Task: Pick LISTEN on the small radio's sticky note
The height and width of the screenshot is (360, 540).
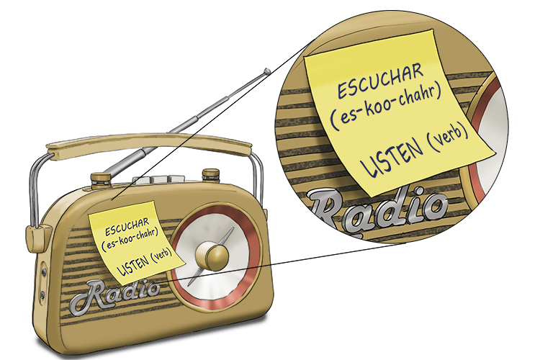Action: [x=130, y=264]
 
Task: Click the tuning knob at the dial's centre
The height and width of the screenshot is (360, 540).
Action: [x=210, y=254]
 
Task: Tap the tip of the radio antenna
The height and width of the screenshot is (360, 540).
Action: [x=267, y=71]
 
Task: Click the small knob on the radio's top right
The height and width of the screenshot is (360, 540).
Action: [x=210, y=174]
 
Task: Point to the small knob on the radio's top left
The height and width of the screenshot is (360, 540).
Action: [x=100, y=178]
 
